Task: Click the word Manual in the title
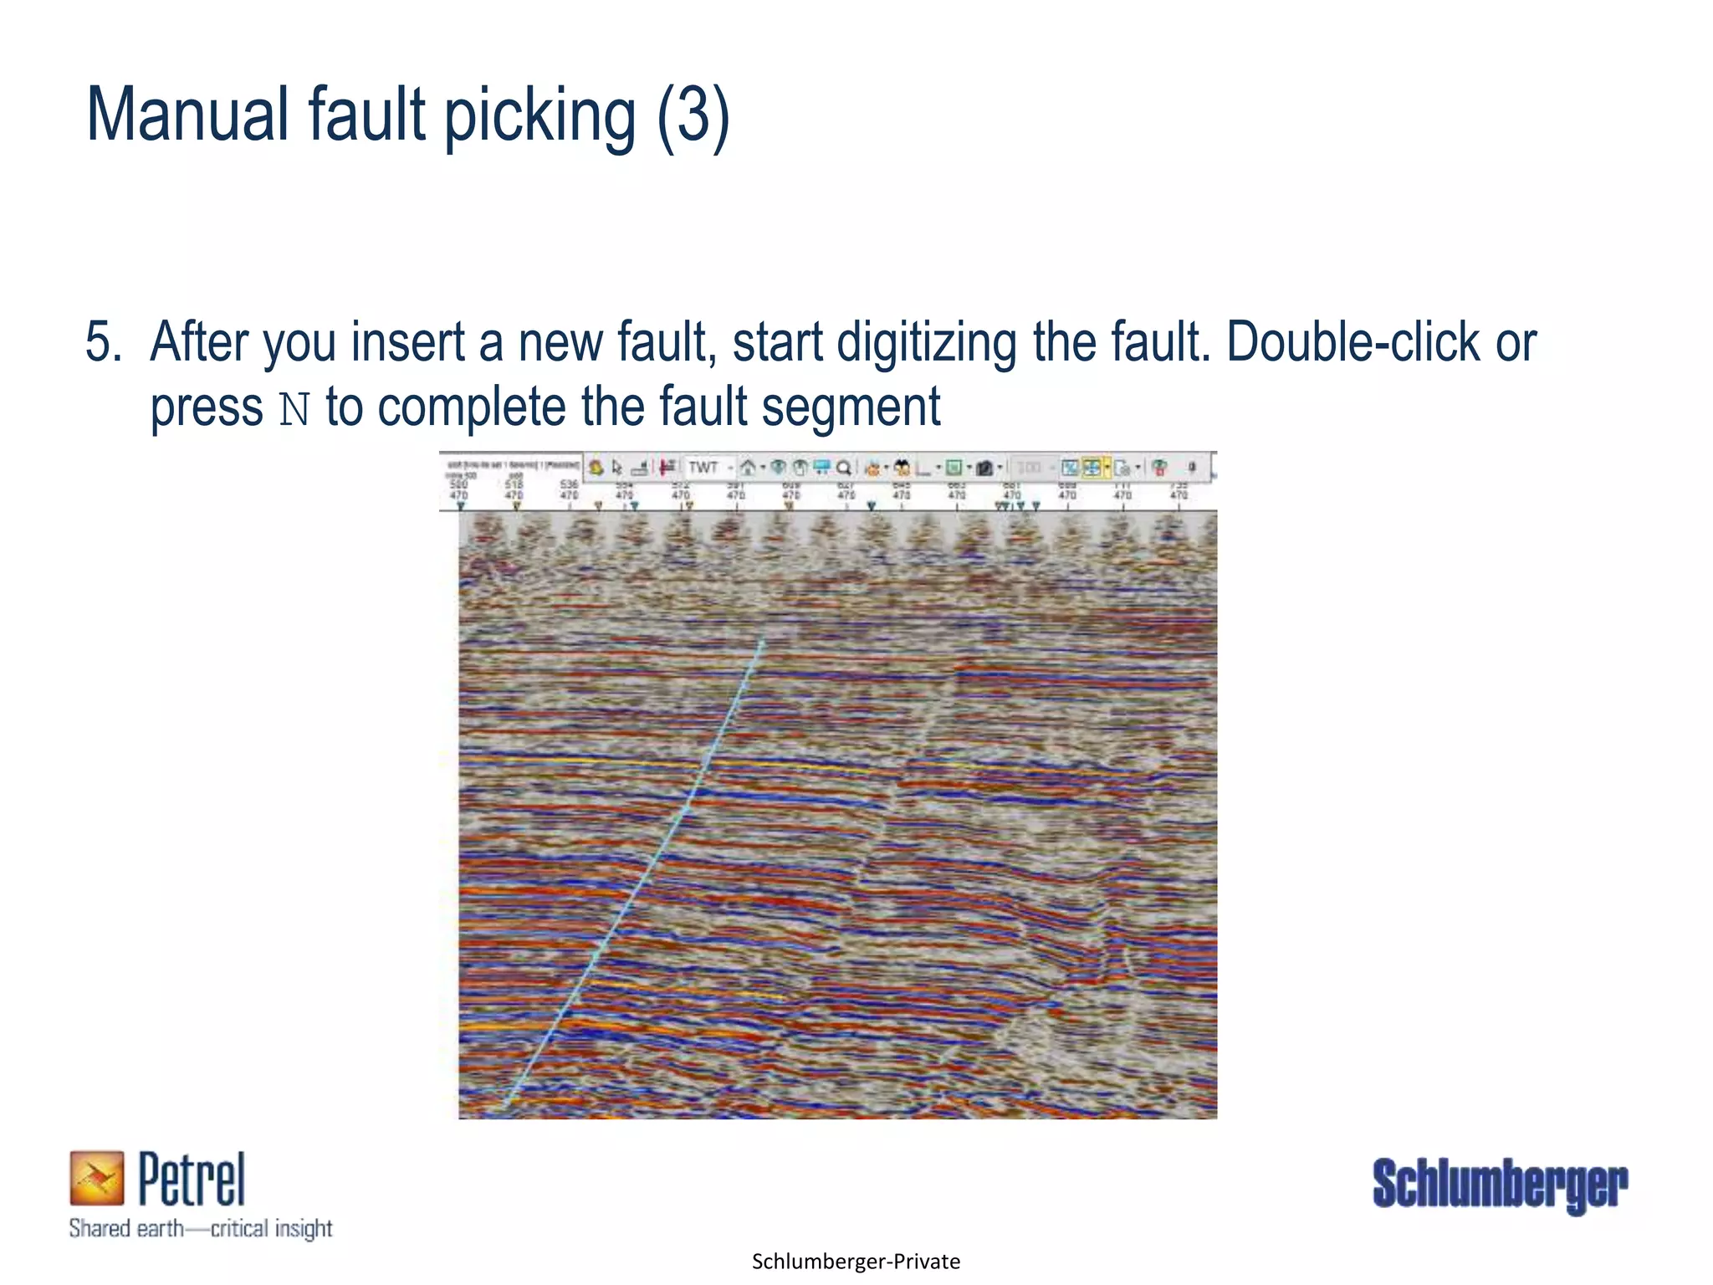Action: pos(187,115)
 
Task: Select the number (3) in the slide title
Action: pos(693,116)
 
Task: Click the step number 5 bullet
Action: pos(103,342)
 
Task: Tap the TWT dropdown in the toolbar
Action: pos(709,468)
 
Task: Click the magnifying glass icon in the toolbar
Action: pos(844,468)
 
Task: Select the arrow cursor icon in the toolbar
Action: pos(616,468)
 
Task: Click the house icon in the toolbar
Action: pos(747,468)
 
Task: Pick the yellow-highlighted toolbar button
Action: pos(1092,468)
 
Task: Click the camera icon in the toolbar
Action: pos(984,468)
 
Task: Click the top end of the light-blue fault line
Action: pos(762,642)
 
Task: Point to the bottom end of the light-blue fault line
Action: pos(504,1110)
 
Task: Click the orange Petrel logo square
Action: pos(96,1178)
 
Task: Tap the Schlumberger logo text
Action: pos(1500,1184)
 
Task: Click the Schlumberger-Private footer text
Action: pos(856,1262)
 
